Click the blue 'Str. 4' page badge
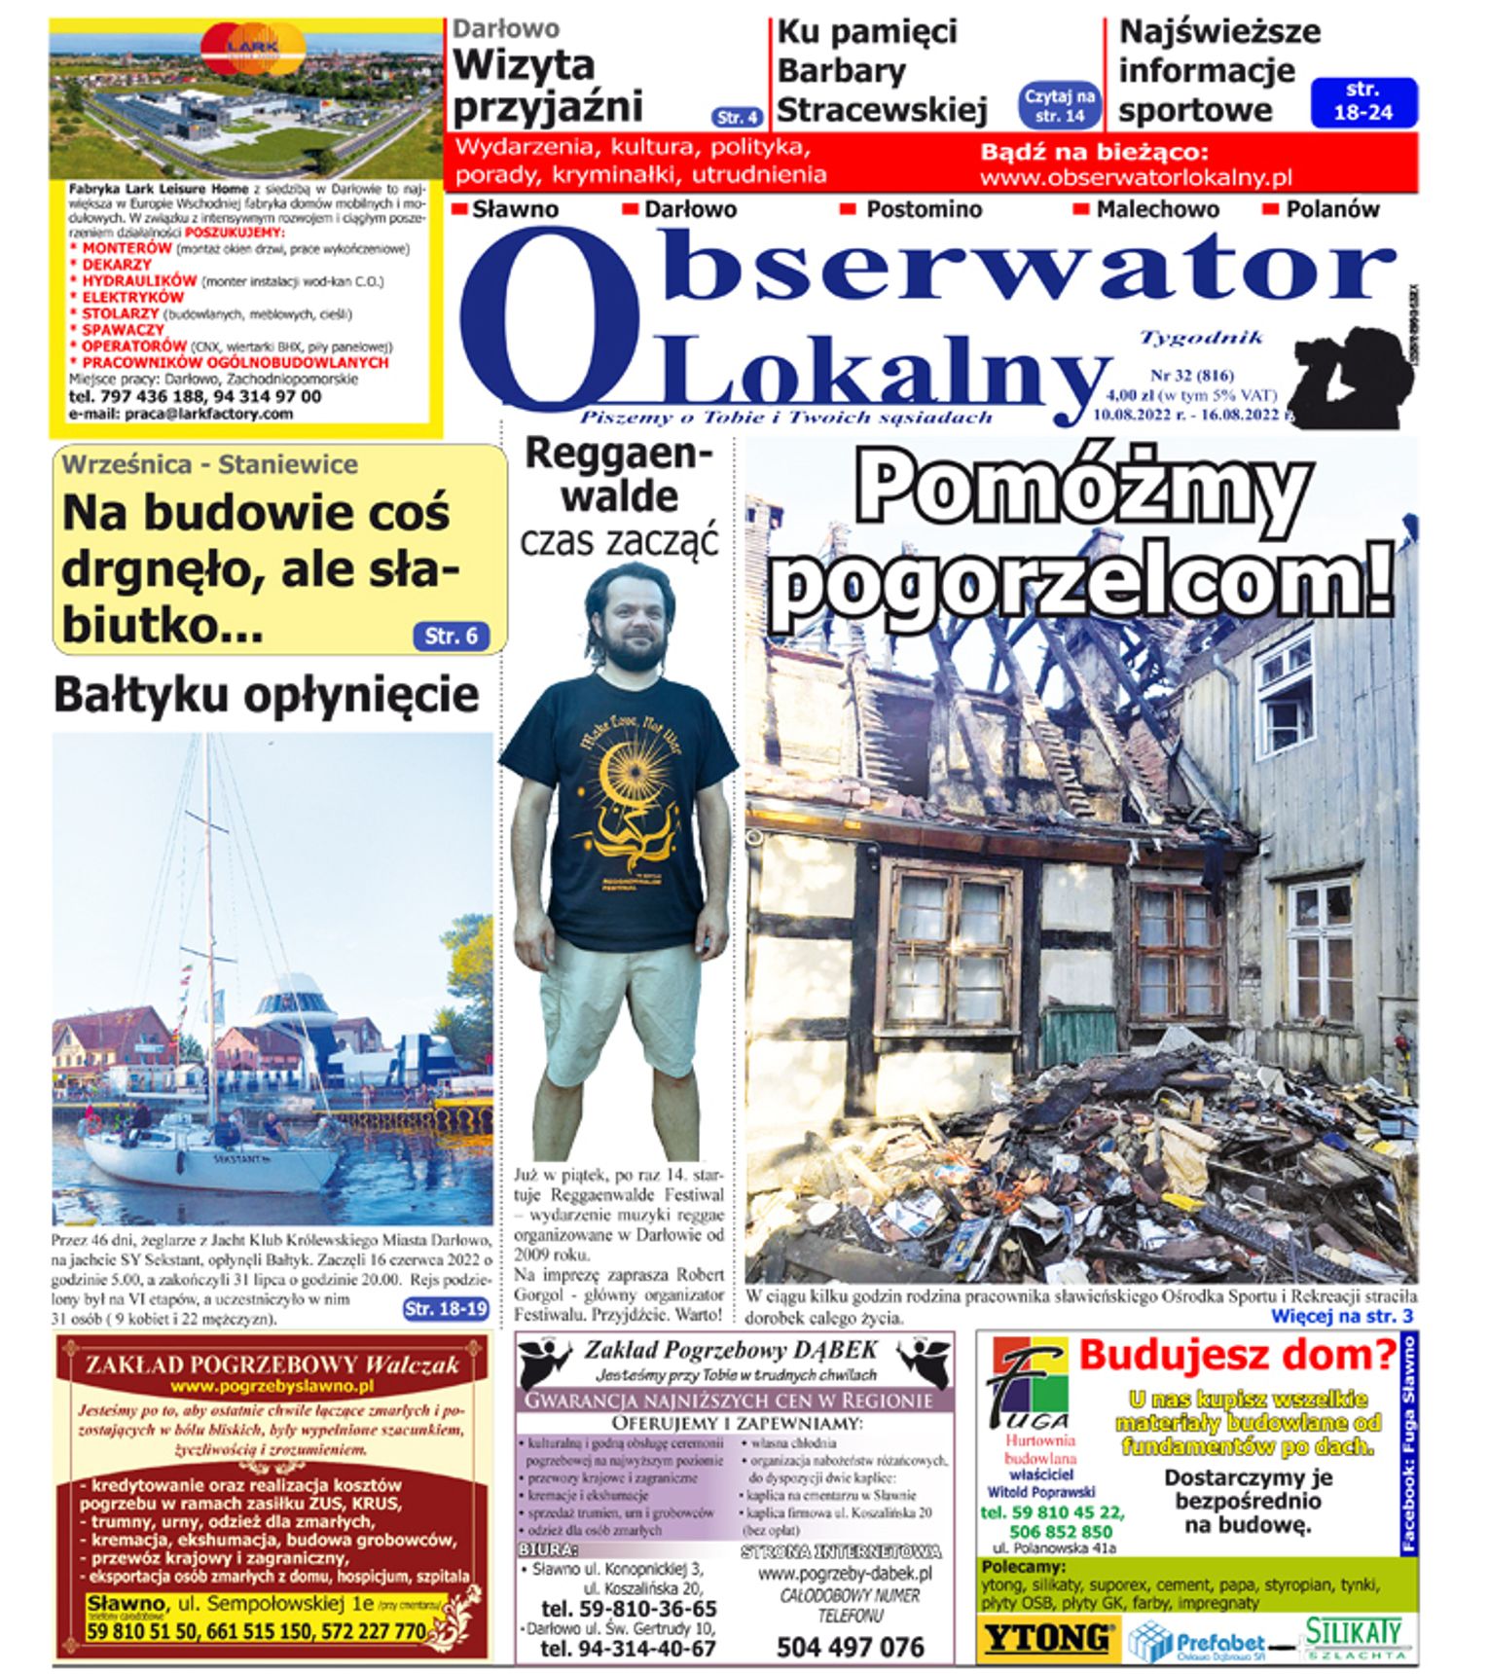[737, 118]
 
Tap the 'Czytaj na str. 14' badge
[1060, 105]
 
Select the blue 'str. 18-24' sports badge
[1362, 101]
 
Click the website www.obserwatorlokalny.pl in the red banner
[1136, 178]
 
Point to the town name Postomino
[924, 209]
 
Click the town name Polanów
[1332, 209]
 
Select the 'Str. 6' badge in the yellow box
[451, 636]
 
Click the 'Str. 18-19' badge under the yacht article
[446, 1309]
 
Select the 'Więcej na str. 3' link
[1341, 1317]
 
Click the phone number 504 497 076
[850, 1647]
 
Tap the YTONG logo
[1047, 1637]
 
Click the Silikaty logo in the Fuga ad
[1354, 1638]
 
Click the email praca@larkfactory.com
[181, 414]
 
